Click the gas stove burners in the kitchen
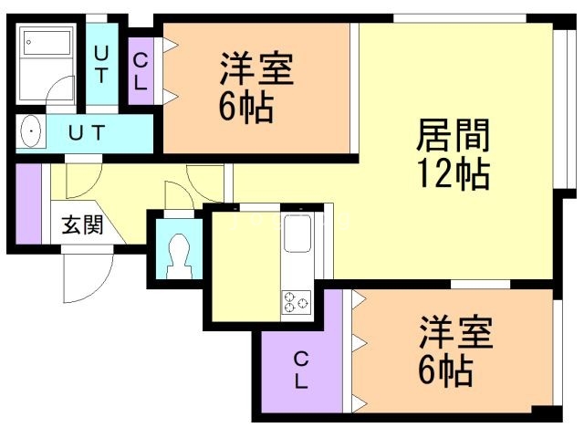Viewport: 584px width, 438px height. click(297, 300)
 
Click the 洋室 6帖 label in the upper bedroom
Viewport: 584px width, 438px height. click(247, 89)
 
